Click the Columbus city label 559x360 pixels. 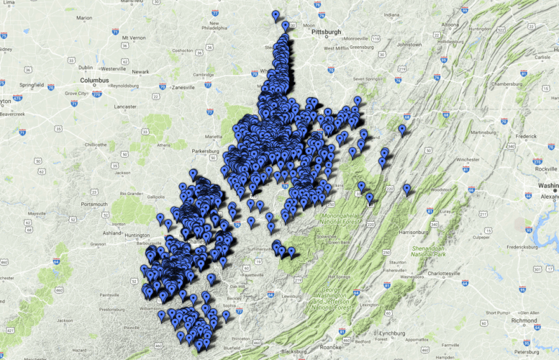click(94, 80)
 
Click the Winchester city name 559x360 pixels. click(470, 159)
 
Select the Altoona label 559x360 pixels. click(449, 24)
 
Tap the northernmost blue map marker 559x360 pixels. click(276, 15)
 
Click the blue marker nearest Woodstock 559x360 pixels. click(406, 189)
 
